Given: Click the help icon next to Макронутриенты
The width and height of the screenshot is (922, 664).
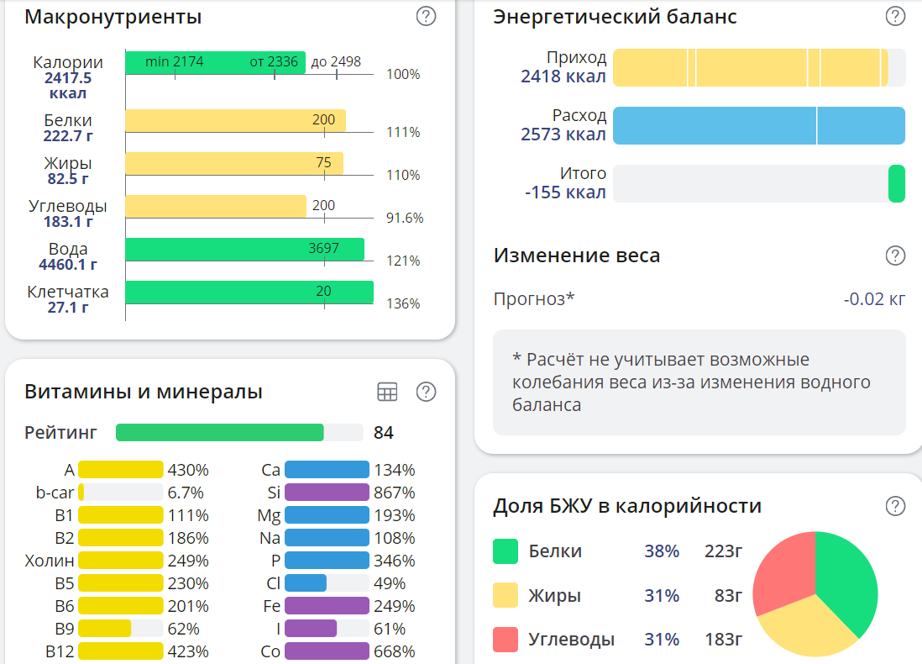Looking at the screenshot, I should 427,16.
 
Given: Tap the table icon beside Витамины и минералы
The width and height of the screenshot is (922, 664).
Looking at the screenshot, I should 387,392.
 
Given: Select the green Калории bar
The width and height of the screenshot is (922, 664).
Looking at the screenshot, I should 215,62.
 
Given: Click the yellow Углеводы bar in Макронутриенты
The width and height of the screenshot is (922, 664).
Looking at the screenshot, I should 216,206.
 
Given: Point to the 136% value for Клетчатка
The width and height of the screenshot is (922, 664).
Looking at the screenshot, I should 403,303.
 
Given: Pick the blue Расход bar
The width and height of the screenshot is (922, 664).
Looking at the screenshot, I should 758,125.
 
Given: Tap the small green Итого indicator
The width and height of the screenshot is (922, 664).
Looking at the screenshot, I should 897,184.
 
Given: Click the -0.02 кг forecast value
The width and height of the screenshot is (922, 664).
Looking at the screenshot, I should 874,298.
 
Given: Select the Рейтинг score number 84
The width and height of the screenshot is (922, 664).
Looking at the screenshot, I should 384,433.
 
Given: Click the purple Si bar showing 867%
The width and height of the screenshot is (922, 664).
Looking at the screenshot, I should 327,493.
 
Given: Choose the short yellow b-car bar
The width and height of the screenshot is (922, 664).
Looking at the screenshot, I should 81,493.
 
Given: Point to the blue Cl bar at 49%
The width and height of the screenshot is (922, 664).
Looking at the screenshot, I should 306,583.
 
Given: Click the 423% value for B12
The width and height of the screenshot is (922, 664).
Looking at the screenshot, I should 188,651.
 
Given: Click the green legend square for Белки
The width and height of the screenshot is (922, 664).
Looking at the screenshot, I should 506,551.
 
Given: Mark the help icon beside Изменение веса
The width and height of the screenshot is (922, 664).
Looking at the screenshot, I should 896,256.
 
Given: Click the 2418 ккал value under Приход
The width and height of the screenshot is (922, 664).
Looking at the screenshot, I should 563,76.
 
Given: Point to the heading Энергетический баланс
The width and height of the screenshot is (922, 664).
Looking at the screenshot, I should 615,16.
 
